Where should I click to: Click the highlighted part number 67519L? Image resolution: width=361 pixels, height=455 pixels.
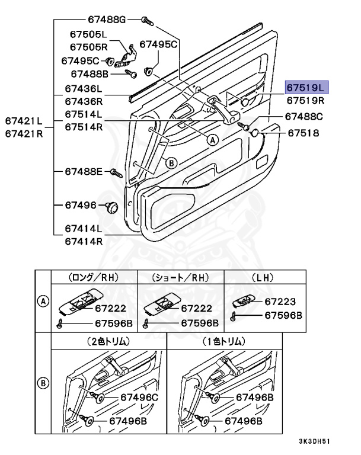click(x=306, y=88)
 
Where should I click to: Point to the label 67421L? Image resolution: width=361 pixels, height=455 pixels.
click(x=24, y=121)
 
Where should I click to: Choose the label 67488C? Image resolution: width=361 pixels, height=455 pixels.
click(x=304, y=117)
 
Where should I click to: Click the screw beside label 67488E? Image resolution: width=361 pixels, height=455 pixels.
click(x=116, y=172)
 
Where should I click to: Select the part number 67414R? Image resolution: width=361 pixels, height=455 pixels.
click(x=84, y=241)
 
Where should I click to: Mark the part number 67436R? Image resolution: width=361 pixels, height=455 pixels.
click(x=84, y=101)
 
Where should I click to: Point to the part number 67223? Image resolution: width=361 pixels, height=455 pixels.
click(x=280, y=302)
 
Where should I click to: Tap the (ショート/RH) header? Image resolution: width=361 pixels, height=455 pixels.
click(x=181, y=277)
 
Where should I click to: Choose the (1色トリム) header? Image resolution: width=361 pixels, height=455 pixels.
click(x=225, y=341)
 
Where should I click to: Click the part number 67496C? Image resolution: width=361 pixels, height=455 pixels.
click(x=139, y=397)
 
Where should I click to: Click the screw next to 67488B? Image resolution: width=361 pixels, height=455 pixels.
click(x=131, y=74)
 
